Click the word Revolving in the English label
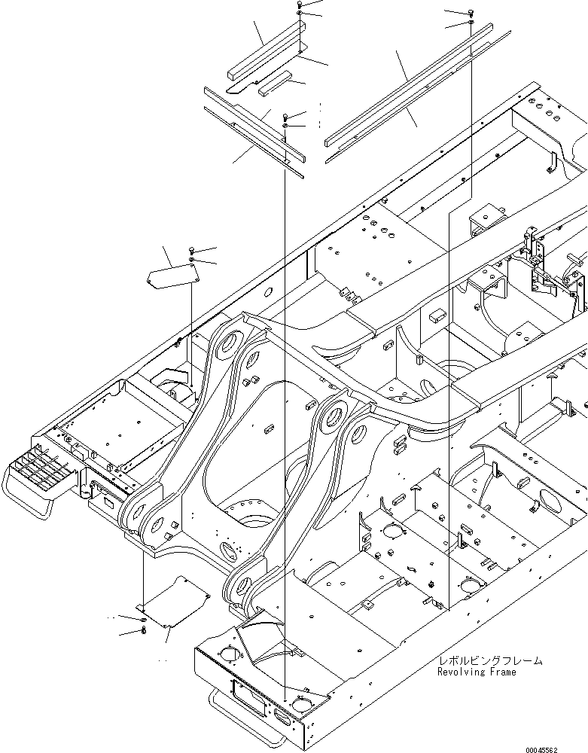[461, 672]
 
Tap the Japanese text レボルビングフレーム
[489, 660]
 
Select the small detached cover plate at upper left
[171, 275]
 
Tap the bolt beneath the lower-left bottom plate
[143, 630]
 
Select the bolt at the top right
[471, 13]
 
